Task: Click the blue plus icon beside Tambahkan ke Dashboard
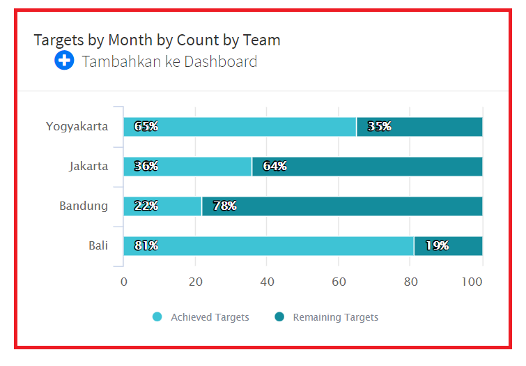tap(64, 61)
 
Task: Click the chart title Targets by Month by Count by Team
tap(157, 40)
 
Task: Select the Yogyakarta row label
tap(77, 126)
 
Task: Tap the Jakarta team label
tap(88, 166)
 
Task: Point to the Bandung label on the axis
tap(84, 206)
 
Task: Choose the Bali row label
tap(98, 245)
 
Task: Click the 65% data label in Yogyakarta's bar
tap(146, 126)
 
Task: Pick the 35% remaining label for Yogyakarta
tap(380, 126)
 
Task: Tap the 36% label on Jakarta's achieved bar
tap(146, 166)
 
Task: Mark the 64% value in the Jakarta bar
tap(274, 166)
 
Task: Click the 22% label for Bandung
tap(146, 206)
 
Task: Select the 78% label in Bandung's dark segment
tap(224, 206)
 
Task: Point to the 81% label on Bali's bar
tap(146, 245)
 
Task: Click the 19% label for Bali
tap(437, 245)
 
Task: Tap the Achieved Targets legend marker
tap(157, 317)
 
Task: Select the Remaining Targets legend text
tap(335, 317)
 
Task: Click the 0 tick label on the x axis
tap(124, 282)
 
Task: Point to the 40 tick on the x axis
tap(267, 282)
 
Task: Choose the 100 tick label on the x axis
tap(472, 282)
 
